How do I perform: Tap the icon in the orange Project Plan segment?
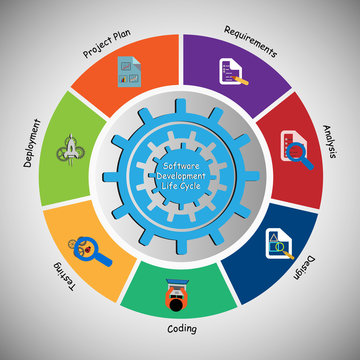pos(128,73)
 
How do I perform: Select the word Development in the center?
pos(181,176)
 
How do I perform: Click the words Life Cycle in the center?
pos(181,188)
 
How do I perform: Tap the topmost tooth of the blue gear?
pos(181,113)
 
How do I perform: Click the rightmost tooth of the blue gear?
pos(244,177)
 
